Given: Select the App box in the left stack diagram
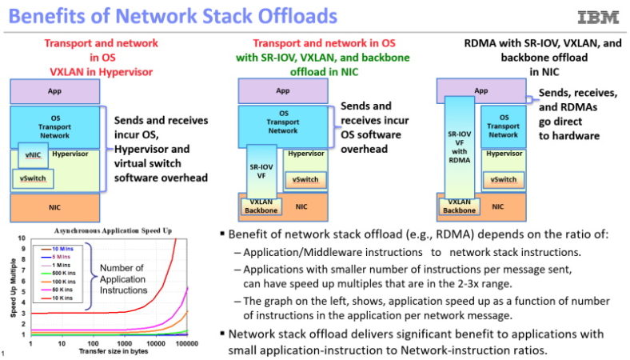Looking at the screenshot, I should [x=54, y=92].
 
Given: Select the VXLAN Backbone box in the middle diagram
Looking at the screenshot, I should [x=260, y=206].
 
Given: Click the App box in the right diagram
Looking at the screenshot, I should [x=481, y=91].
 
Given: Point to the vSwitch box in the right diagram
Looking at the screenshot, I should [x=504, y=180].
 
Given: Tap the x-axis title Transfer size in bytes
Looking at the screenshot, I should [x=102, y=351].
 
